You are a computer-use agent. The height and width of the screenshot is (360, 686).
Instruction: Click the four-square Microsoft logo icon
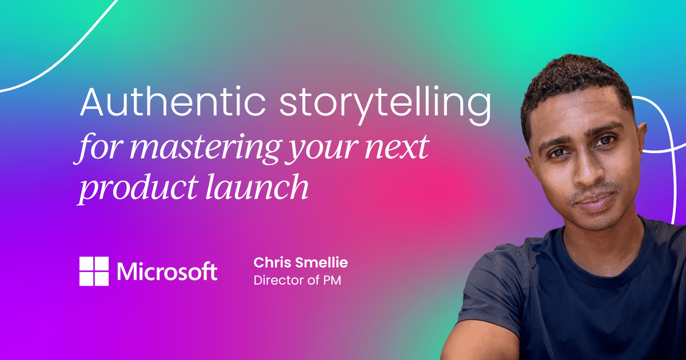point(94,271)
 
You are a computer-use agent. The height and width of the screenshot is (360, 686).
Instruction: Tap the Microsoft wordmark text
point(167,271)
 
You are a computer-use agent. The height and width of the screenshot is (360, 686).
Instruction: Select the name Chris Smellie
point(301,263)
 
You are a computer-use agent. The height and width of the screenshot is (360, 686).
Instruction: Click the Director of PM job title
point(297,281)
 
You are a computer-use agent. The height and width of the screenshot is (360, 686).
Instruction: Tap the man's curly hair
point(577,86)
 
